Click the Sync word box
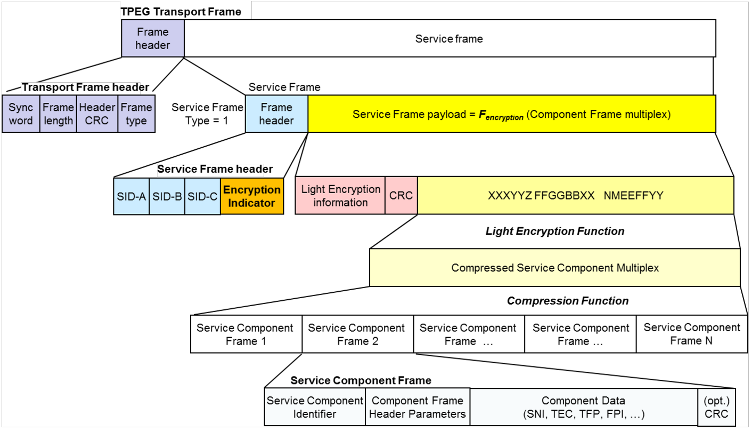[21, 114]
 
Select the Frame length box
[58, 114]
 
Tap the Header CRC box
[97, 114]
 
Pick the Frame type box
[136, 114]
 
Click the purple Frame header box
[153, 38]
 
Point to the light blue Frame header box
[276, 114]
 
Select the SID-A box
[132, 196]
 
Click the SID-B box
[167, 196]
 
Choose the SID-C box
[203, 196]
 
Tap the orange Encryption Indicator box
[252, 196]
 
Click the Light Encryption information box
[340, 196]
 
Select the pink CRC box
[401, 196]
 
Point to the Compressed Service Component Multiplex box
[554, 268]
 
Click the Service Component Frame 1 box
[246, 334]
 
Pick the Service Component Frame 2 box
[357, 334]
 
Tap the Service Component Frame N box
[692, 334]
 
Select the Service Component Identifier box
[315, 407]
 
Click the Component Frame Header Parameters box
[418, 407]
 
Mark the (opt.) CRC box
[716, 407]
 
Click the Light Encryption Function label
[555, 231]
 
